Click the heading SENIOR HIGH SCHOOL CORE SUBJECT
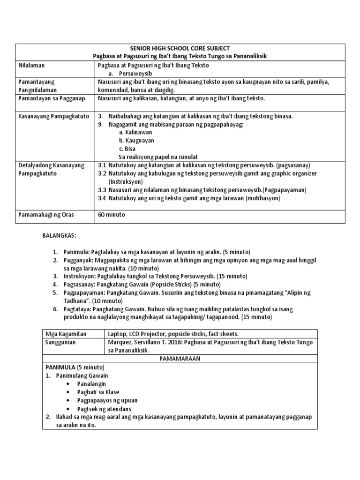click(180, 48)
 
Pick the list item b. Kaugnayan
click(136, 141)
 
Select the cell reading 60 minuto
click(112, 215)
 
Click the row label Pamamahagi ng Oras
click(46, 215)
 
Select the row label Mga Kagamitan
click(63, 334)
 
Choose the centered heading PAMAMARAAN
click(180, 359)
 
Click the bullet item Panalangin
click(92, 384)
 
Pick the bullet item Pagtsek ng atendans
click(105, 409)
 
